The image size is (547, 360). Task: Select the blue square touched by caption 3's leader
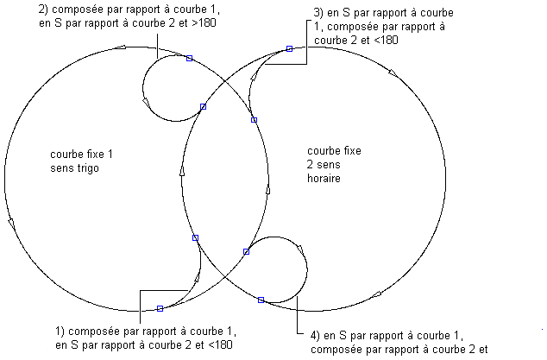point(290,49)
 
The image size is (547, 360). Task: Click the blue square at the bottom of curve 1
point(160,308)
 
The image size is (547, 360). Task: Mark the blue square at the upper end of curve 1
point(195,237)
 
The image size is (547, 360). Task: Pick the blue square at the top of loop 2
point(189,58)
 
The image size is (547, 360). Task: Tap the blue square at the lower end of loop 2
point(204,107)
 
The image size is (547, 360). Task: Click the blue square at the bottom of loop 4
point(261,300)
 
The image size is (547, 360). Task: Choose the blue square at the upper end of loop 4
point(246,252)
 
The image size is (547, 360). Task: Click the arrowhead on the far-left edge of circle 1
point(11,223)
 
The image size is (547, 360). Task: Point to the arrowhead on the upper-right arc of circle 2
point(393,73)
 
